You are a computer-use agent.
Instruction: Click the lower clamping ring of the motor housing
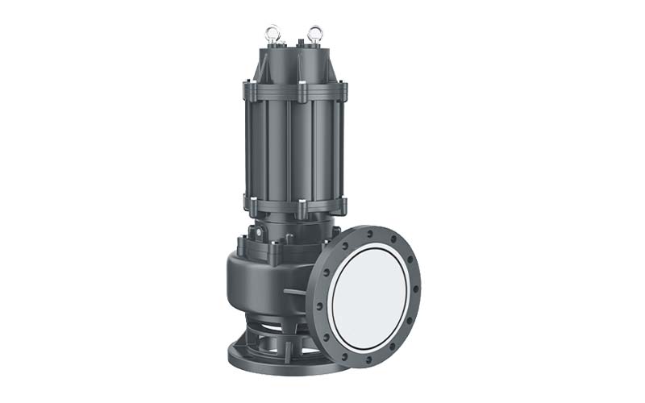point(293,206)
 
